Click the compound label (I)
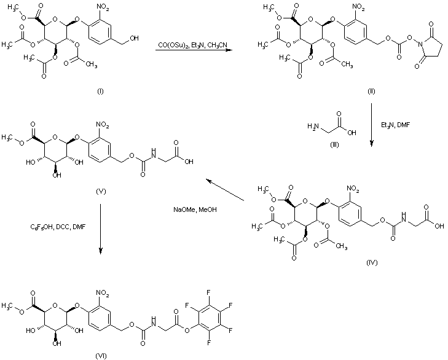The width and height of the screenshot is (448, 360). click(x=100, y=92)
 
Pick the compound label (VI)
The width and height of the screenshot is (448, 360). click(x=101, y=356)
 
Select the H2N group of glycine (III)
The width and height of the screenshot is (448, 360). click(x=313, y=126)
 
